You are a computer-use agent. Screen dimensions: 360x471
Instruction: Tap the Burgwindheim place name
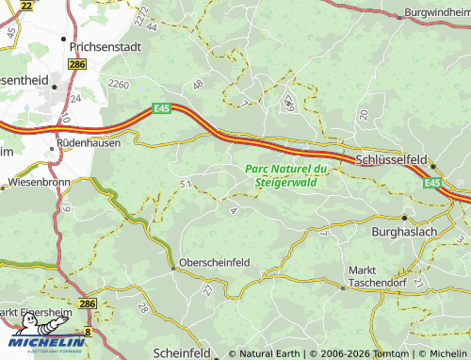tap(435, 12)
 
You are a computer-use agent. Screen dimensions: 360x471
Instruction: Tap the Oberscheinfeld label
tap(215, 263)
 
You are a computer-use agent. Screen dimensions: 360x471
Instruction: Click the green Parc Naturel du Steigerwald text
tap(285, 174)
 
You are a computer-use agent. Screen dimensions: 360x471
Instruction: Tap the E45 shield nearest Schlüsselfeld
tap(432, 182)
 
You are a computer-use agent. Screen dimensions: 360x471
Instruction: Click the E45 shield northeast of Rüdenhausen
tap(161, 109)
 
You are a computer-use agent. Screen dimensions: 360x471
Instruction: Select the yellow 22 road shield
tap(25, 5)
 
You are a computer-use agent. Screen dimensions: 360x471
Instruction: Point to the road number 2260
tap(120, 84)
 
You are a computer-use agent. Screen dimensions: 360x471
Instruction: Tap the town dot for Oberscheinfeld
tap(172, 268)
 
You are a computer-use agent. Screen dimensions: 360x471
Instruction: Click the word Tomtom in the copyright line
tap(389, 354)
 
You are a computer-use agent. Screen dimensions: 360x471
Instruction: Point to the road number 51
tap(185, 183)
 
